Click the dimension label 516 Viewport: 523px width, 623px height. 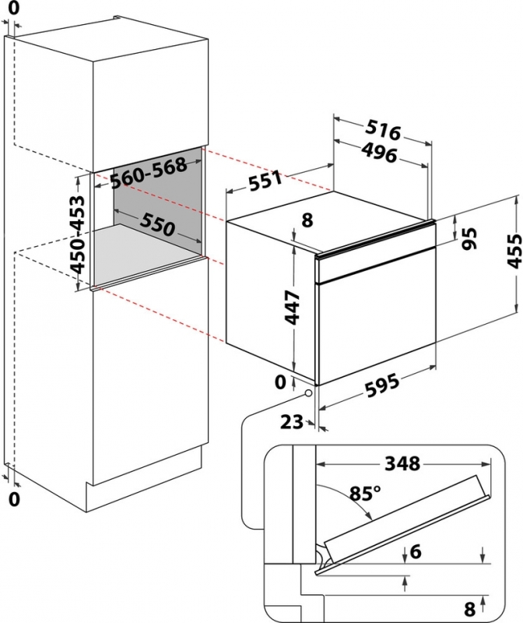tap(382, 131)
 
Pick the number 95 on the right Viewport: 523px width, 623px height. tap(468, 238)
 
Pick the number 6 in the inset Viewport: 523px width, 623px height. tap(416, 551)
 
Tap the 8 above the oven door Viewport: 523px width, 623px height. tap(307, 220)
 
